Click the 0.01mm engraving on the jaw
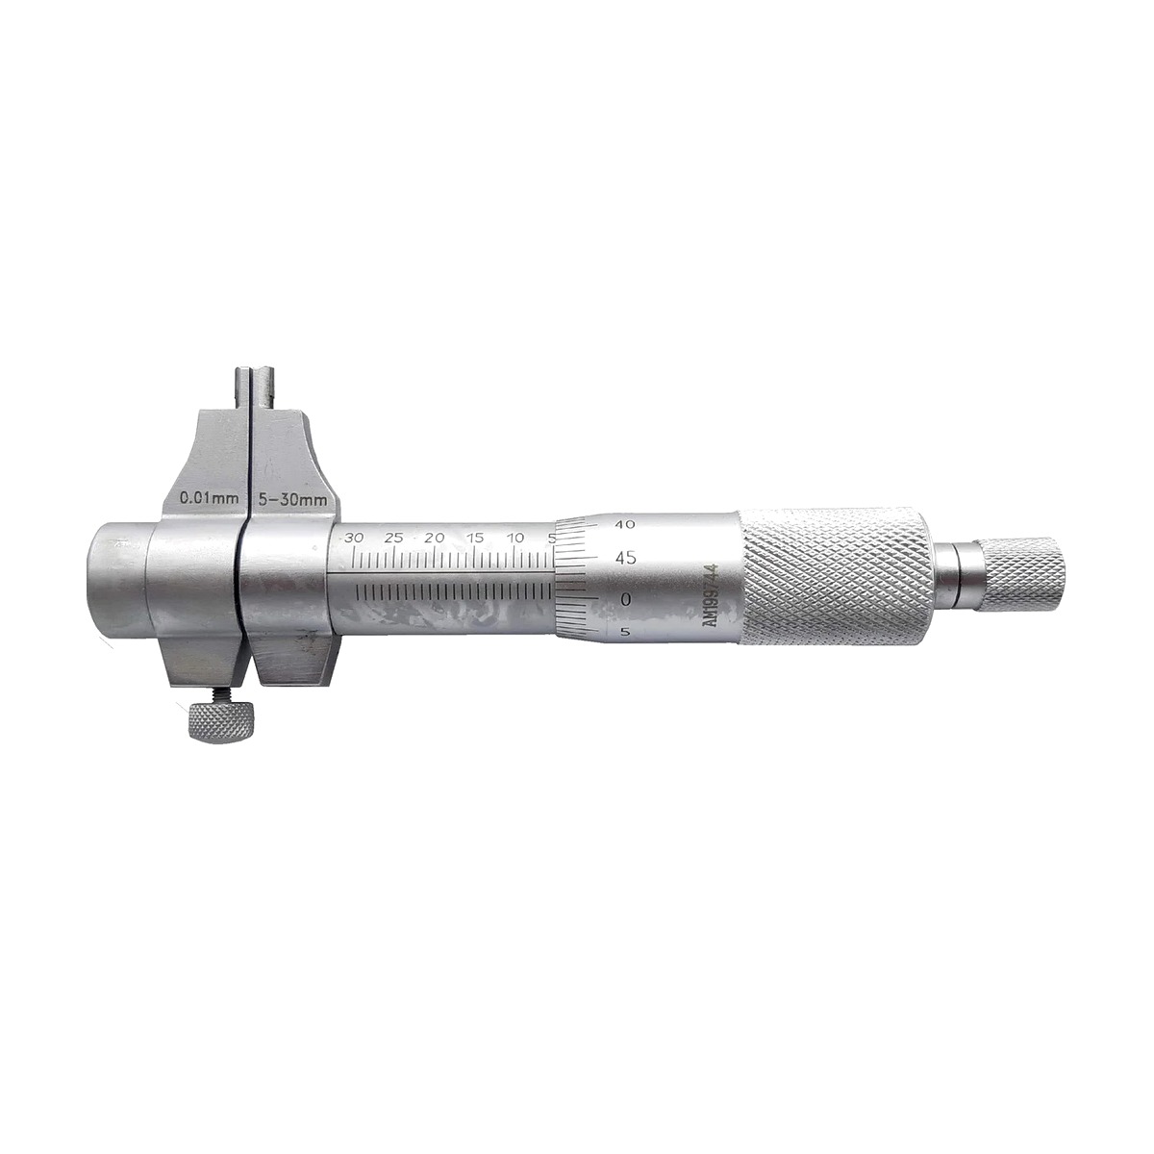pos(209,497)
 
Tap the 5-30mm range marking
pos(291,498)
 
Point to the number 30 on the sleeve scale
pos(354,538)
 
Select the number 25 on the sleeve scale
pos(393,538)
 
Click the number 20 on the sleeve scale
pos(434,538)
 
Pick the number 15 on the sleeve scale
pos(475,538)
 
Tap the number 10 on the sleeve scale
pos(515,538)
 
